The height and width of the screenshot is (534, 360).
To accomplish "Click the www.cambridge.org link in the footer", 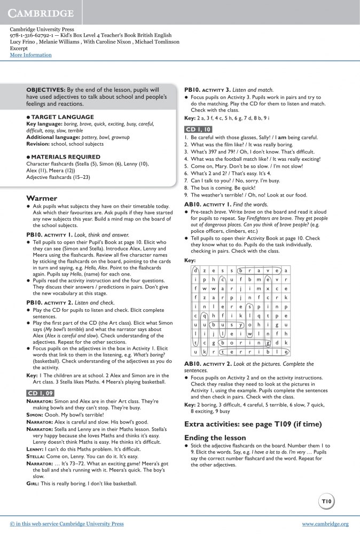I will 325,524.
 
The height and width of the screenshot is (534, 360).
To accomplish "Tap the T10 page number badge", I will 327,501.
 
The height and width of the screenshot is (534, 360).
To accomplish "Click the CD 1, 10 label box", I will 198,129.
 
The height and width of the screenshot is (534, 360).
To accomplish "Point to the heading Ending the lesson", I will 215,437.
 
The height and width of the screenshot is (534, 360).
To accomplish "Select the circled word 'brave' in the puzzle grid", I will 259,270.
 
